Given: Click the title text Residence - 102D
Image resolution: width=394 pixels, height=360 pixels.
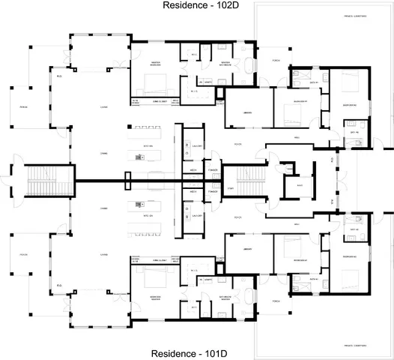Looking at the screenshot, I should tap(196, 6).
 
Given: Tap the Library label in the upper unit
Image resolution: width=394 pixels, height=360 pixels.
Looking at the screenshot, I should tap(246, 114).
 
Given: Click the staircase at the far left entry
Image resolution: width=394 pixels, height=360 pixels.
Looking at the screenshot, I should tap(37, 180).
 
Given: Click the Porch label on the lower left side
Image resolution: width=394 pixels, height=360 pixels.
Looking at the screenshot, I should tap(22, 253).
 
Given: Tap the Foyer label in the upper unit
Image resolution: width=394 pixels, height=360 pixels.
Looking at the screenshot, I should tap(237, 144).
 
